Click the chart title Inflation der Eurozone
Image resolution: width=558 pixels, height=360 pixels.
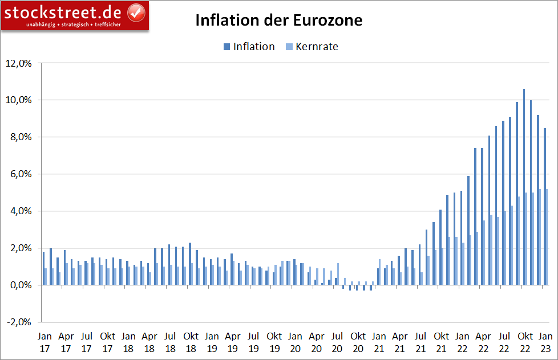[x=278, y=21]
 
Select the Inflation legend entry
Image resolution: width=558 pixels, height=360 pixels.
[x=254, y=47]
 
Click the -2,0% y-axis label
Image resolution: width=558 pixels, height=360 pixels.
[x=20, y=322]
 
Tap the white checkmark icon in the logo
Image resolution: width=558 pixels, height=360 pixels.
[x=135, y=11]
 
